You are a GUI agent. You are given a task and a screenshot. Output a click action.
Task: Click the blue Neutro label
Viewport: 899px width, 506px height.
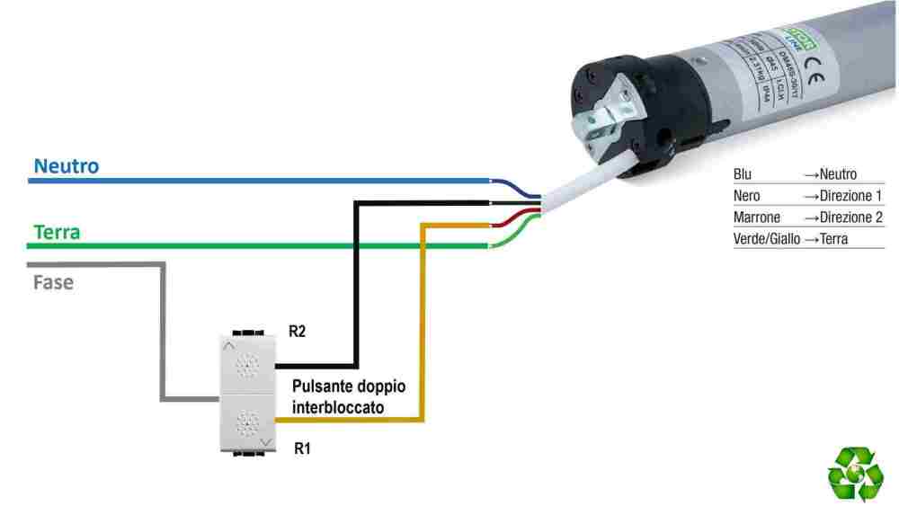(x=66, y=166)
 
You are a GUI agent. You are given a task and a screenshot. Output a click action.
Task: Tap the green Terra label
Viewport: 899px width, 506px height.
(x=57, y=232)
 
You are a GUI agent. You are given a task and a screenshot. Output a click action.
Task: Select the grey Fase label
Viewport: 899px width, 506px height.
(x=53, y=282)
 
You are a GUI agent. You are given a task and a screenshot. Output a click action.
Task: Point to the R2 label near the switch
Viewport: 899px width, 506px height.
(x=298, y=332)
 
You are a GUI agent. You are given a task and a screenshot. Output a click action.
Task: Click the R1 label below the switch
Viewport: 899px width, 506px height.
(x=303, y=447)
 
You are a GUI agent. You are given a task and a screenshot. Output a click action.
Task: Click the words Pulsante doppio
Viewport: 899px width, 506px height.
(x=349, y=386)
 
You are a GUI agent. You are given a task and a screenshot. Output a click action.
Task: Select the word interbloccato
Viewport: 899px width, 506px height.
(x=338, y=407)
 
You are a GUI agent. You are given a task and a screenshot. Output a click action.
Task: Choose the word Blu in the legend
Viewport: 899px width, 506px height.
(x=743, y=174)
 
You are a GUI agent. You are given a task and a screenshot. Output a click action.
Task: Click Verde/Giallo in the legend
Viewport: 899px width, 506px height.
(x=766, y=239)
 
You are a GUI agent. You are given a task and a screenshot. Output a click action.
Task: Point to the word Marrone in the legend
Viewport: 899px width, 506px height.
(x=757, y=217)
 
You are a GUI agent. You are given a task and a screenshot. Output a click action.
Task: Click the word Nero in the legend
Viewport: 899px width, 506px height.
(x=746, y=196)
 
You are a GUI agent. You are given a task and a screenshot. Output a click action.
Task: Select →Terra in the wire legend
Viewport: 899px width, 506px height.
(x=825, y=239)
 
